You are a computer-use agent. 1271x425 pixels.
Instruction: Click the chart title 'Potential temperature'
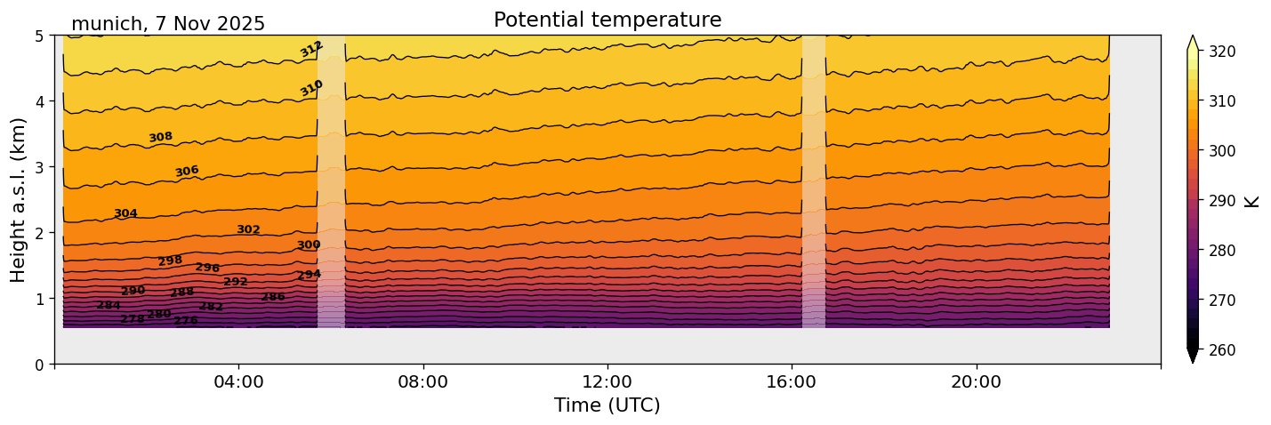click(607, 20)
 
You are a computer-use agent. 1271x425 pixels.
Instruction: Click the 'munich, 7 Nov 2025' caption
click(168, 24)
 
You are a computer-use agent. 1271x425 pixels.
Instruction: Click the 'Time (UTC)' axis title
click(607, 405)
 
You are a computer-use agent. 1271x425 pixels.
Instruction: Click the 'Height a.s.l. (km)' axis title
click(19, 200)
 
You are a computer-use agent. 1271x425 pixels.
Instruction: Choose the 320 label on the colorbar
click(1220, 52)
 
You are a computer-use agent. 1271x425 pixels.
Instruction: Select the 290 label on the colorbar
click(1220, 201)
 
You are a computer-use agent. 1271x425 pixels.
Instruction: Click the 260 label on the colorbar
click(1220, 350)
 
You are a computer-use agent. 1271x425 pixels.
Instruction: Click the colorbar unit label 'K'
click(1252, 201)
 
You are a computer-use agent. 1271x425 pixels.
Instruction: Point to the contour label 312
click(311, 49)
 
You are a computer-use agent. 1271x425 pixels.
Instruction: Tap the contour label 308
click(161, 137)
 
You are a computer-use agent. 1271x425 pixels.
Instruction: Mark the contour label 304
click(125, 213)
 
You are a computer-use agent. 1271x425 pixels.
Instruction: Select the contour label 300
click(309, 245)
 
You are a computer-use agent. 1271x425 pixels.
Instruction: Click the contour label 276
click(186, 321)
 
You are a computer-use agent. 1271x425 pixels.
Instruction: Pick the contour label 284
click(109, 306)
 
